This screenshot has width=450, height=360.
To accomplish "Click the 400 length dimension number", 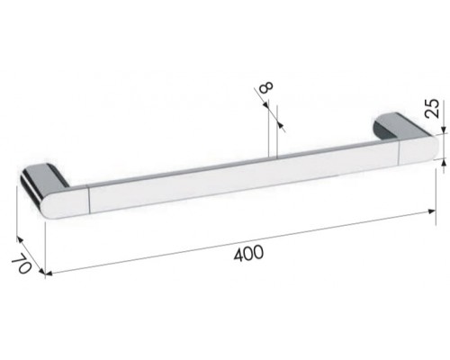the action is click(x=248, y=254).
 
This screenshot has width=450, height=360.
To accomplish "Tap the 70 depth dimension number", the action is click(x=22, y=263).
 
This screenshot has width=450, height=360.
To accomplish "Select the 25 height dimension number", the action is click(x=432, y=108).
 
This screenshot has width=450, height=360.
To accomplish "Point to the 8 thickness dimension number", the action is click(x=266, y=86).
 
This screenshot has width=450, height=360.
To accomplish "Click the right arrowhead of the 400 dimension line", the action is click(x=432, y=211).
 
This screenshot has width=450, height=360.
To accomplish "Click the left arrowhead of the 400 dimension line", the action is click(x=49, y=273).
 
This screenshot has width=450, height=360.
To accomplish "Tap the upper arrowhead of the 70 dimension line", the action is click(x=20, y=239).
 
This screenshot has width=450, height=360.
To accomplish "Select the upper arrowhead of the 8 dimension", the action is click(x=265, y=104).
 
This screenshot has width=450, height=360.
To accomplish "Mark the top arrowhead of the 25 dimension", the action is click(x=443, y=130).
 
